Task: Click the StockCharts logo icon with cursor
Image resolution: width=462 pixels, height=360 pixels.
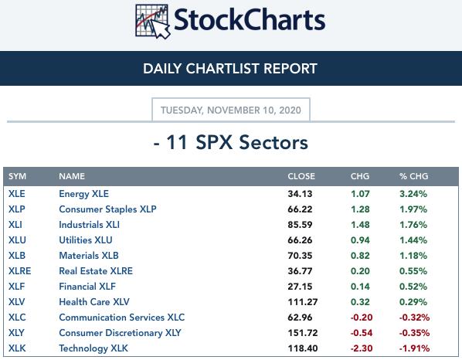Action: click(153, 21)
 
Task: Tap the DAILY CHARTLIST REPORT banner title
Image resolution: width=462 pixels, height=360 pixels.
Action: click(230, 69)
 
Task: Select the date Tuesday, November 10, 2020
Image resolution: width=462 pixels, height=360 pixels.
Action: click(231, 110)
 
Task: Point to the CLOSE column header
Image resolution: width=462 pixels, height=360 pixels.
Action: click(301, 176)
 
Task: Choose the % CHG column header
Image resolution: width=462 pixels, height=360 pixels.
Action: click(413, 176)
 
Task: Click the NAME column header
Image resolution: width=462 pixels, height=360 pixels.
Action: click(72, 176)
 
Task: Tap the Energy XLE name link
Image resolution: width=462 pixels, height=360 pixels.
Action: click(83, 194)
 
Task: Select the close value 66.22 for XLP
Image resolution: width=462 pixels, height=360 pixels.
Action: click(300, 209)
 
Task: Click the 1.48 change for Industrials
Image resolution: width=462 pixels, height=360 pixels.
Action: click(360, 225)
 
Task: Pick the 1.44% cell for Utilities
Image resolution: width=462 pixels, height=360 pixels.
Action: click(413, 240)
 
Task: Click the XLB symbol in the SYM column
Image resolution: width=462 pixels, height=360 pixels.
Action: click(17, 256)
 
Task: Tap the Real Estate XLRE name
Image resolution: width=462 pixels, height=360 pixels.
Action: click(96, 271)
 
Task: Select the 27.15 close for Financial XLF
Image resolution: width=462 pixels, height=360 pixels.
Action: click(300, 287)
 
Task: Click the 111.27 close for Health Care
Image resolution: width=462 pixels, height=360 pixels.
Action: click(303, 302)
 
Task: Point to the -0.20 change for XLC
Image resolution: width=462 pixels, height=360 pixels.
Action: click(362, 318)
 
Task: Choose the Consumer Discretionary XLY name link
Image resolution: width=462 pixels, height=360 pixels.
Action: click(120, 333)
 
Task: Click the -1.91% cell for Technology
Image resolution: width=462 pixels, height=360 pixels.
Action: click(414, 348)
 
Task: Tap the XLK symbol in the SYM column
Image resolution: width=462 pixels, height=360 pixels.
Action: click(17, 348)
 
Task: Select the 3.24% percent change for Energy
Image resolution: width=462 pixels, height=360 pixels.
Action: click(413, 194)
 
